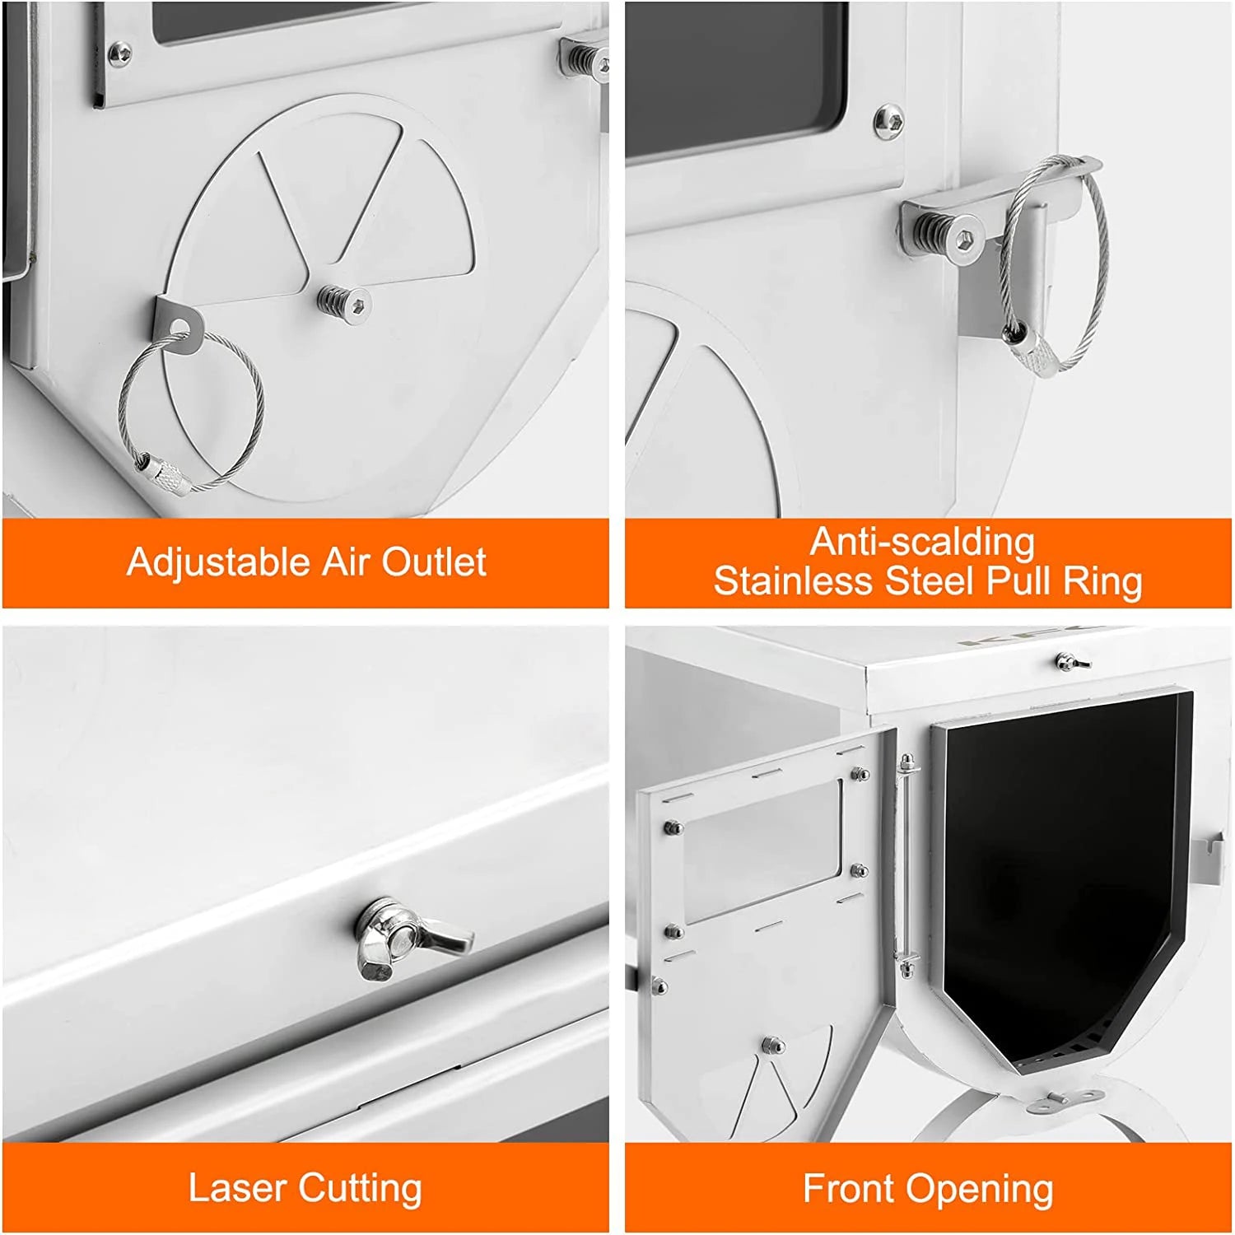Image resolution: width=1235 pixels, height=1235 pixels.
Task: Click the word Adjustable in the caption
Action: pyautogui.click(x=218, y=564)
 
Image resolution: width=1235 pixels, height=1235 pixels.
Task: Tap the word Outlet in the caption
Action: pyautogui.click(x=434, y=562)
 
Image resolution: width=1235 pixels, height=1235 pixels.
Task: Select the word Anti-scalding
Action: pyautogui.click(x=923, y=542)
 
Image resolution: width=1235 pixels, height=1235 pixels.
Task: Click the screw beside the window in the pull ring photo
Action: pyautogui.click(x=888, y=121)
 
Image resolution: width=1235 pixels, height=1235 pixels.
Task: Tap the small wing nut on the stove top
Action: pyautogui.click(x=1072, y=661)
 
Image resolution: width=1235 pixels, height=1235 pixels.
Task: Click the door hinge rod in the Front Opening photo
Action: pyautogui.click(x=906, y=864)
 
